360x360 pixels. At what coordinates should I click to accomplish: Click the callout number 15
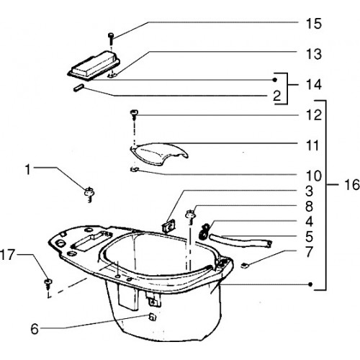pyautogui.click(x=313, y=24)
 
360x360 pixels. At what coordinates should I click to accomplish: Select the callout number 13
pyautogui.click(x=313, y=54)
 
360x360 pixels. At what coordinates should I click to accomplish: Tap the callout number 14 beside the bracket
pyautogui.click(x=313, y=85)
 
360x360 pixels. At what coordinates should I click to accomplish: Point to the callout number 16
pyautogui.click(x=352, y=185)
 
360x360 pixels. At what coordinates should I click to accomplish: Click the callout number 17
pyautogui.click(x=8, y=255)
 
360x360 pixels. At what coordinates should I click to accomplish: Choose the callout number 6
pyautogui.click(x=35, y=329)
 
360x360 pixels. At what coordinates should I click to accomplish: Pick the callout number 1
pyautogui.click(x=28, y=169)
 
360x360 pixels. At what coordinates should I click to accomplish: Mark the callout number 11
pyautogui.click(x=313, y=145)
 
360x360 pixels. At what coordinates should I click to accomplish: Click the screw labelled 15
pyautogui.click(x=111, y=38)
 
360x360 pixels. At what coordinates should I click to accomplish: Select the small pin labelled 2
pyautogui.click(x=78, y=87)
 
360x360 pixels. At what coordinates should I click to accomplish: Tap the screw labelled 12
pyautogui.click(x=133, y=115)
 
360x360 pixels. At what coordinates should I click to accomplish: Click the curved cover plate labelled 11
pyautogui.click(x=158, y=154)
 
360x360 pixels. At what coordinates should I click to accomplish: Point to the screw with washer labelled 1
pyautogui.click(x=89, y=194)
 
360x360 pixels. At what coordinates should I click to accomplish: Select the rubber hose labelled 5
pyautogui.click(x=240, y=241)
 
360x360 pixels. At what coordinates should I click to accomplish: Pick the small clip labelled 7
pyautogui.click(x=244, y=266)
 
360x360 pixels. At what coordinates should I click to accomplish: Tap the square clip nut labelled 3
pyautogui.click(x=168, y=227)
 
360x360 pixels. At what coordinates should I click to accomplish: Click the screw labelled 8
pyautogui.click(x=191, y=216)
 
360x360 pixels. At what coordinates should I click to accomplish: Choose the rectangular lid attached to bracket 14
pyautogui.click(x=94, y=66)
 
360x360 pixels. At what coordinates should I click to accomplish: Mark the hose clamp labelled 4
pyautogui.click(x=204, y=231)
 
